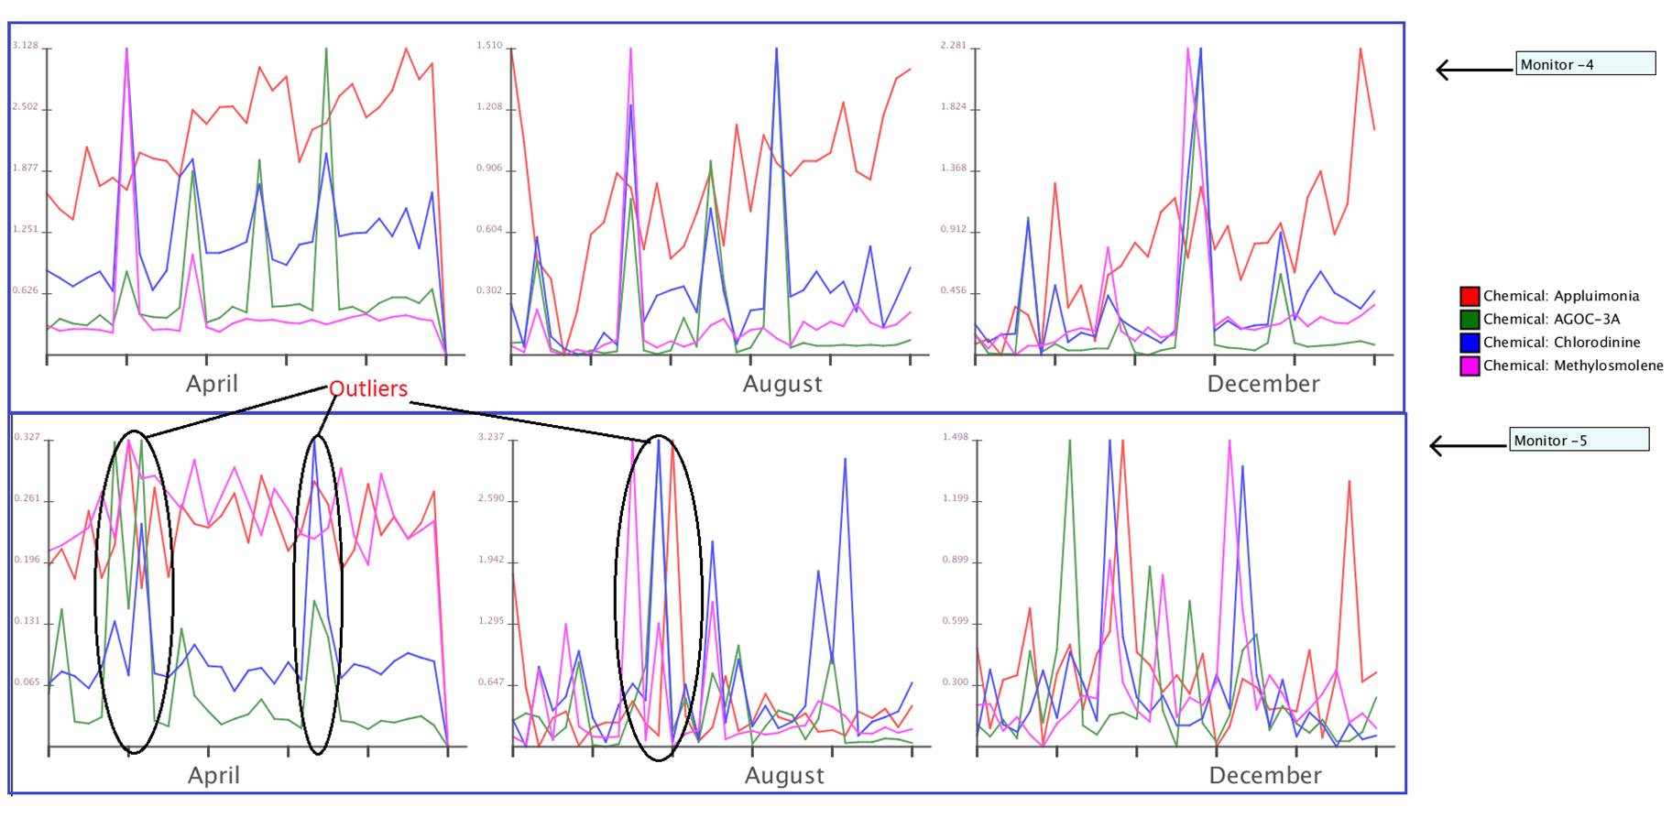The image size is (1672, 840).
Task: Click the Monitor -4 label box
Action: pyautogui.click(x=1585, y=64)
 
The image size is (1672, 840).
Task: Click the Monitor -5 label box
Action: pyautogui.click(x=1579, y=441)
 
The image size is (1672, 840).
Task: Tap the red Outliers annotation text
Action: pyautogui.click(x=368, y=388)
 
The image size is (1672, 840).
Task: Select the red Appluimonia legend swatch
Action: pyautogui.click(x=1470, y=296)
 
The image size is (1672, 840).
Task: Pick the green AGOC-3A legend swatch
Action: pyautogui.click(x=1470, y=320)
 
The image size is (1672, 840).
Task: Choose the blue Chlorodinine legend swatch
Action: pyautogui.click(x=1470, y=343)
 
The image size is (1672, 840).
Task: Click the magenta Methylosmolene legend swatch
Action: pyautogui.click(x=1470, y=365)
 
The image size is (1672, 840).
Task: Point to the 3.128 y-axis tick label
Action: pyautogui.click(x=25, y=45)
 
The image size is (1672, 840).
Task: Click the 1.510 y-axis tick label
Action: pyautogui.click(x=489, y=45)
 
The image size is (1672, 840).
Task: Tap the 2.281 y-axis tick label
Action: pyautogui.click(x=954, y=45)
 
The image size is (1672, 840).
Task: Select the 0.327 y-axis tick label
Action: pyautogui.click(x=27, y=437)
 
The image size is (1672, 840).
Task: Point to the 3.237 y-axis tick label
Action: pyautogui.click(x=491, y=437)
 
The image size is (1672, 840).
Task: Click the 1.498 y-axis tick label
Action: pyautogui.click(x=956, y=437)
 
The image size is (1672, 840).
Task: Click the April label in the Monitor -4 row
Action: pyautogui.click(x=212, y=384)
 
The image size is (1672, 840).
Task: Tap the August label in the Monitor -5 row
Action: pyautogui.click(x=784, y=776)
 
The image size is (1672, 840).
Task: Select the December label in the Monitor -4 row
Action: pyautogui.click(x=1263, y=384)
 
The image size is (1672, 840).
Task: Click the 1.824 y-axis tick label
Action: pyautogui.click(x=954, y=107)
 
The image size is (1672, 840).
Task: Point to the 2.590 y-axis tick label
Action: pyautogui.click(x=491, y=499)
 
